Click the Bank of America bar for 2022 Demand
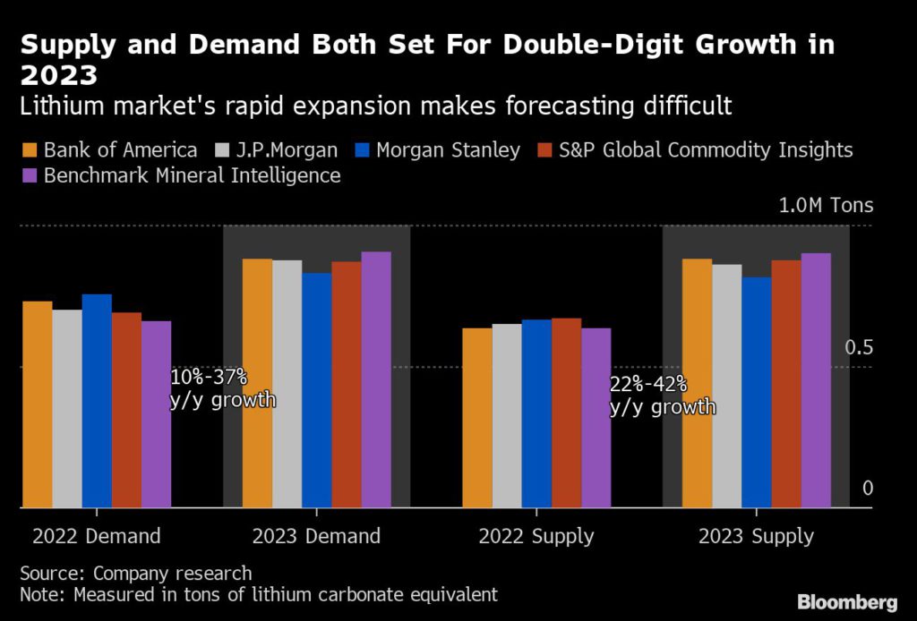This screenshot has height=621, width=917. pos(37,404)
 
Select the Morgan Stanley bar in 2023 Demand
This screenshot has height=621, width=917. pos(316,390)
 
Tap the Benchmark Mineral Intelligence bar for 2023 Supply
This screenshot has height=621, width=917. pos(816,380)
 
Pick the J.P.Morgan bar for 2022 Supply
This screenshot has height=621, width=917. pos(506,415)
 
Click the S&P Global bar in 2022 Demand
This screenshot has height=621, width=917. pos(126,410)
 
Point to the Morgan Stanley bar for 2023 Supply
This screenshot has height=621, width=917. pos(756,392)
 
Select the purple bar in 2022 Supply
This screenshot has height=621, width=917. pos(596,418)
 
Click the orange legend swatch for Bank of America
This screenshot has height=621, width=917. pos(30,149)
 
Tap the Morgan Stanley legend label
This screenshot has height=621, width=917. pos(448,149)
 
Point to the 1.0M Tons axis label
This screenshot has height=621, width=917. pos(825,207)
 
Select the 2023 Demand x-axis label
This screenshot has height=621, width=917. pos(316,537)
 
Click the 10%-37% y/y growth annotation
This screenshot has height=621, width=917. pos(222,388)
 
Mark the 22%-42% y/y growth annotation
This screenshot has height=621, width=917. pos(663,396)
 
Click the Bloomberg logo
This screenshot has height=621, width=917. pos(847,600)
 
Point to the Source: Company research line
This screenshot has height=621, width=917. pos(136,573)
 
